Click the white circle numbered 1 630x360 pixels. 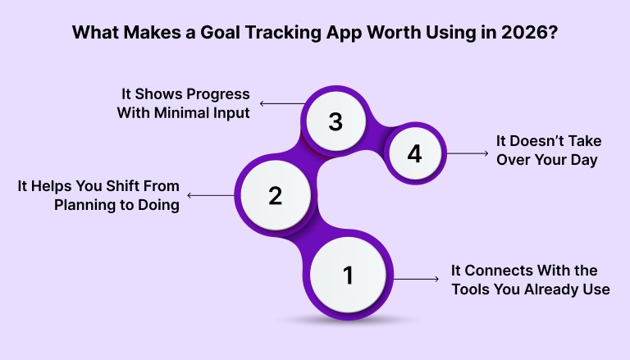[x=348, y=276]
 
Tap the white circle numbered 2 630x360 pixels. [x=275, y=195]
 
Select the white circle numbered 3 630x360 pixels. [x=335, y=122]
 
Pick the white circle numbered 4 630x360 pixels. [x=414, y=153]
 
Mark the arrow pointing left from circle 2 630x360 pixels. [x=212, y=195]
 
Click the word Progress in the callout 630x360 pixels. [x=217, y=94]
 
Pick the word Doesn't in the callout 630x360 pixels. [x=538, y=140]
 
